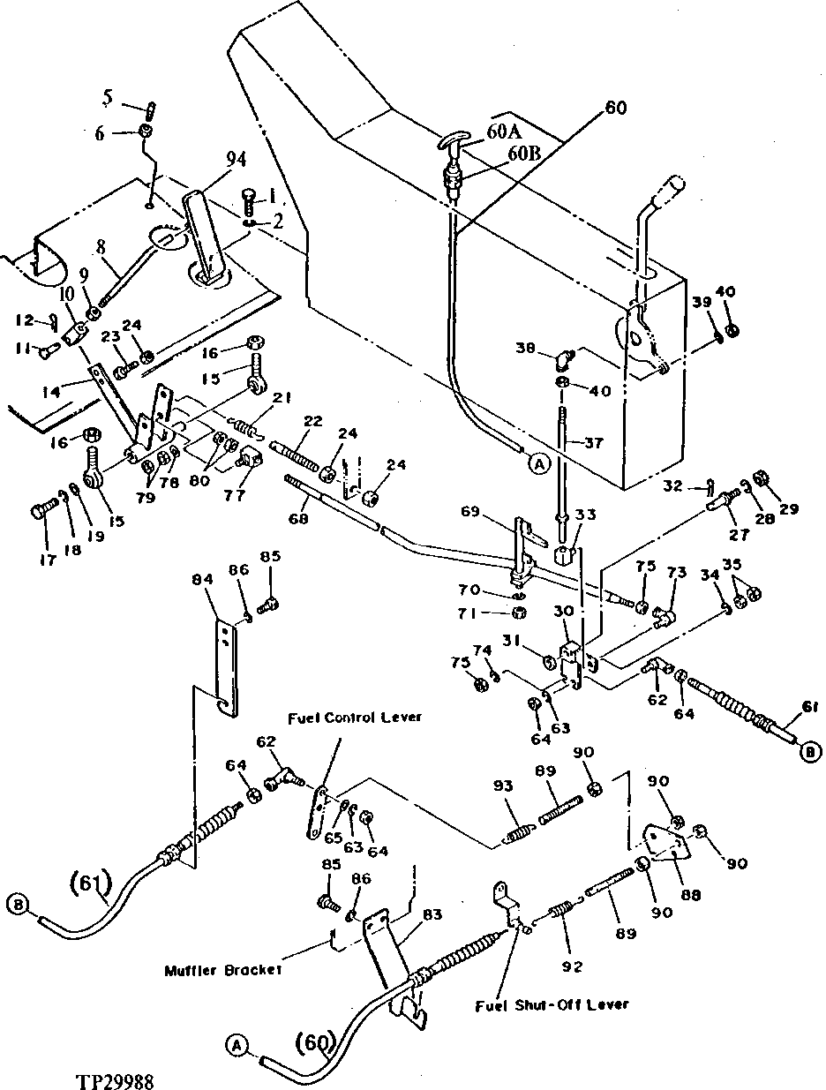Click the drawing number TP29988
pyautogui.click(x=116, y=1079)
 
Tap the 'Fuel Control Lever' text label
pyautogui.click(x=353, y=717)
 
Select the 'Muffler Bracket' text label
pyautogui.click(x=223, y=970)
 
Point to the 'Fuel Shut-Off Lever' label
pyautogui.click(x=551, y=1004)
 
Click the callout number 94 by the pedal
pyautogui.click(x=211, y=159)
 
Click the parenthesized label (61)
pyautogui.click(x=88, y=881)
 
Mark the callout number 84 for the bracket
pyautogui.click(x=203, y=580)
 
